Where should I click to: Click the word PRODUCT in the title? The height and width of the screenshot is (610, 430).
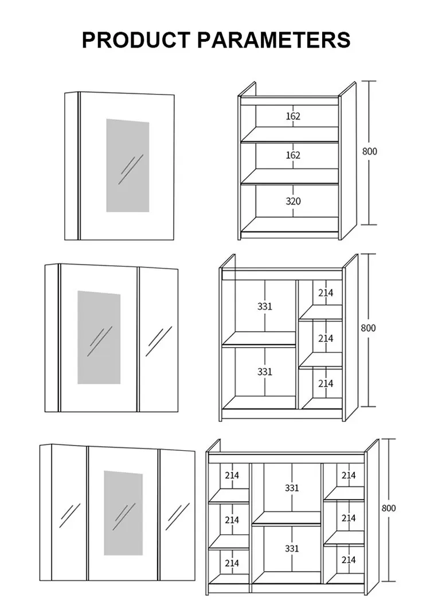click(x=136, y=40)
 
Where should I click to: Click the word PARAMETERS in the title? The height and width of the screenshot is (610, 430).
click(x=274, y=40)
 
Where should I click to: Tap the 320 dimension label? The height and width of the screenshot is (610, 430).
click(x=293, y=201)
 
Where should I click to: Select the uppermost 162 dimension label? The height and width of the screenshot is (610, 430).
click(x=293, y=116)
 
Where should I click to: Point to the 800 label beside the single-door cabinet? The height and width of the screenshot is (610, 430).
click(x=370, y=151)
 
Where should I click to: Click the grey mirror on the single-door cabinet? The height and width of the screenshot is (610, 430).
click(x=128, y=166)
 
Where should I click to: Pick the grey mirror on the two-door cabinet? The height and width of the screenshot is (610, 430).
click(x=99, y=337)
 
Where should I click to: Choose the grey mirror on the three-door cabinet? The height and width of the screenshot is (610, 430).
click(x=123, y=513)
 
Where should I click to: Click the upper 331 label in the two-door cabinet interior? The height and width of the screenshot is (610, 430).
click(x=264, y=306)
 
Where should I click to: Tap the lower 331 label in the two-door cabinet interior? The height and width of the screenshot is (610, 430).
click(x=264, y=372)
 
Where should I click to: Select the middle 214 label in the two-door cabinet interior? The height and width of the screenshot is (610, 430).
click(x=326, y=339)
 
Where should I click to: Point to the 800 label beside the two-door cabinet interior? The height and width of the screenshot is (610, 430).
click(x=368, y=328)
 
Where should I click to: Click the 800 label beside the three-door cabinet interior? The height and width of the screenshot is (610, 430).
click(x=388, y=508)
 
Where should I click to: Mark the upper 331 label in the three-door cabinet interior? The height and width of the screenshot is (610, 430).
click(x=292, y=488)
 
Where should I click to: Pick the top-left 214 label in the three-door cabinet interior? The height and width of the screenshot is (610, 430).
click(x=232, y=475)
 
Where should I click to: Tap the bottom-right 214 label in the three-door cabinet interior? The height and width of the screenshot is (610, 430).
click(x=349, y=560)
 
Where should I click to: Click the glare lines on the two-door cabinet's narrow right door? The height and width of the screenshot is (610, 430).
click(x=158, y=341)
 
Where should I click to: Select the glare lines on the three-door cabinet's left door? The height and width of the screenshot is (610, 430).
click(x=70, y=515)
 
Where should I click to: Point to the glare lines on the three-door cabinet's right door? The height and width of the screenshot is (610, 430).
click(x=177, y=517)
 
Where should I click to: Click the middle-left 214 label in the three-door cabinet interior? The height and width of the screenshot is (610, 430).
click(x=232, y=520)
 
